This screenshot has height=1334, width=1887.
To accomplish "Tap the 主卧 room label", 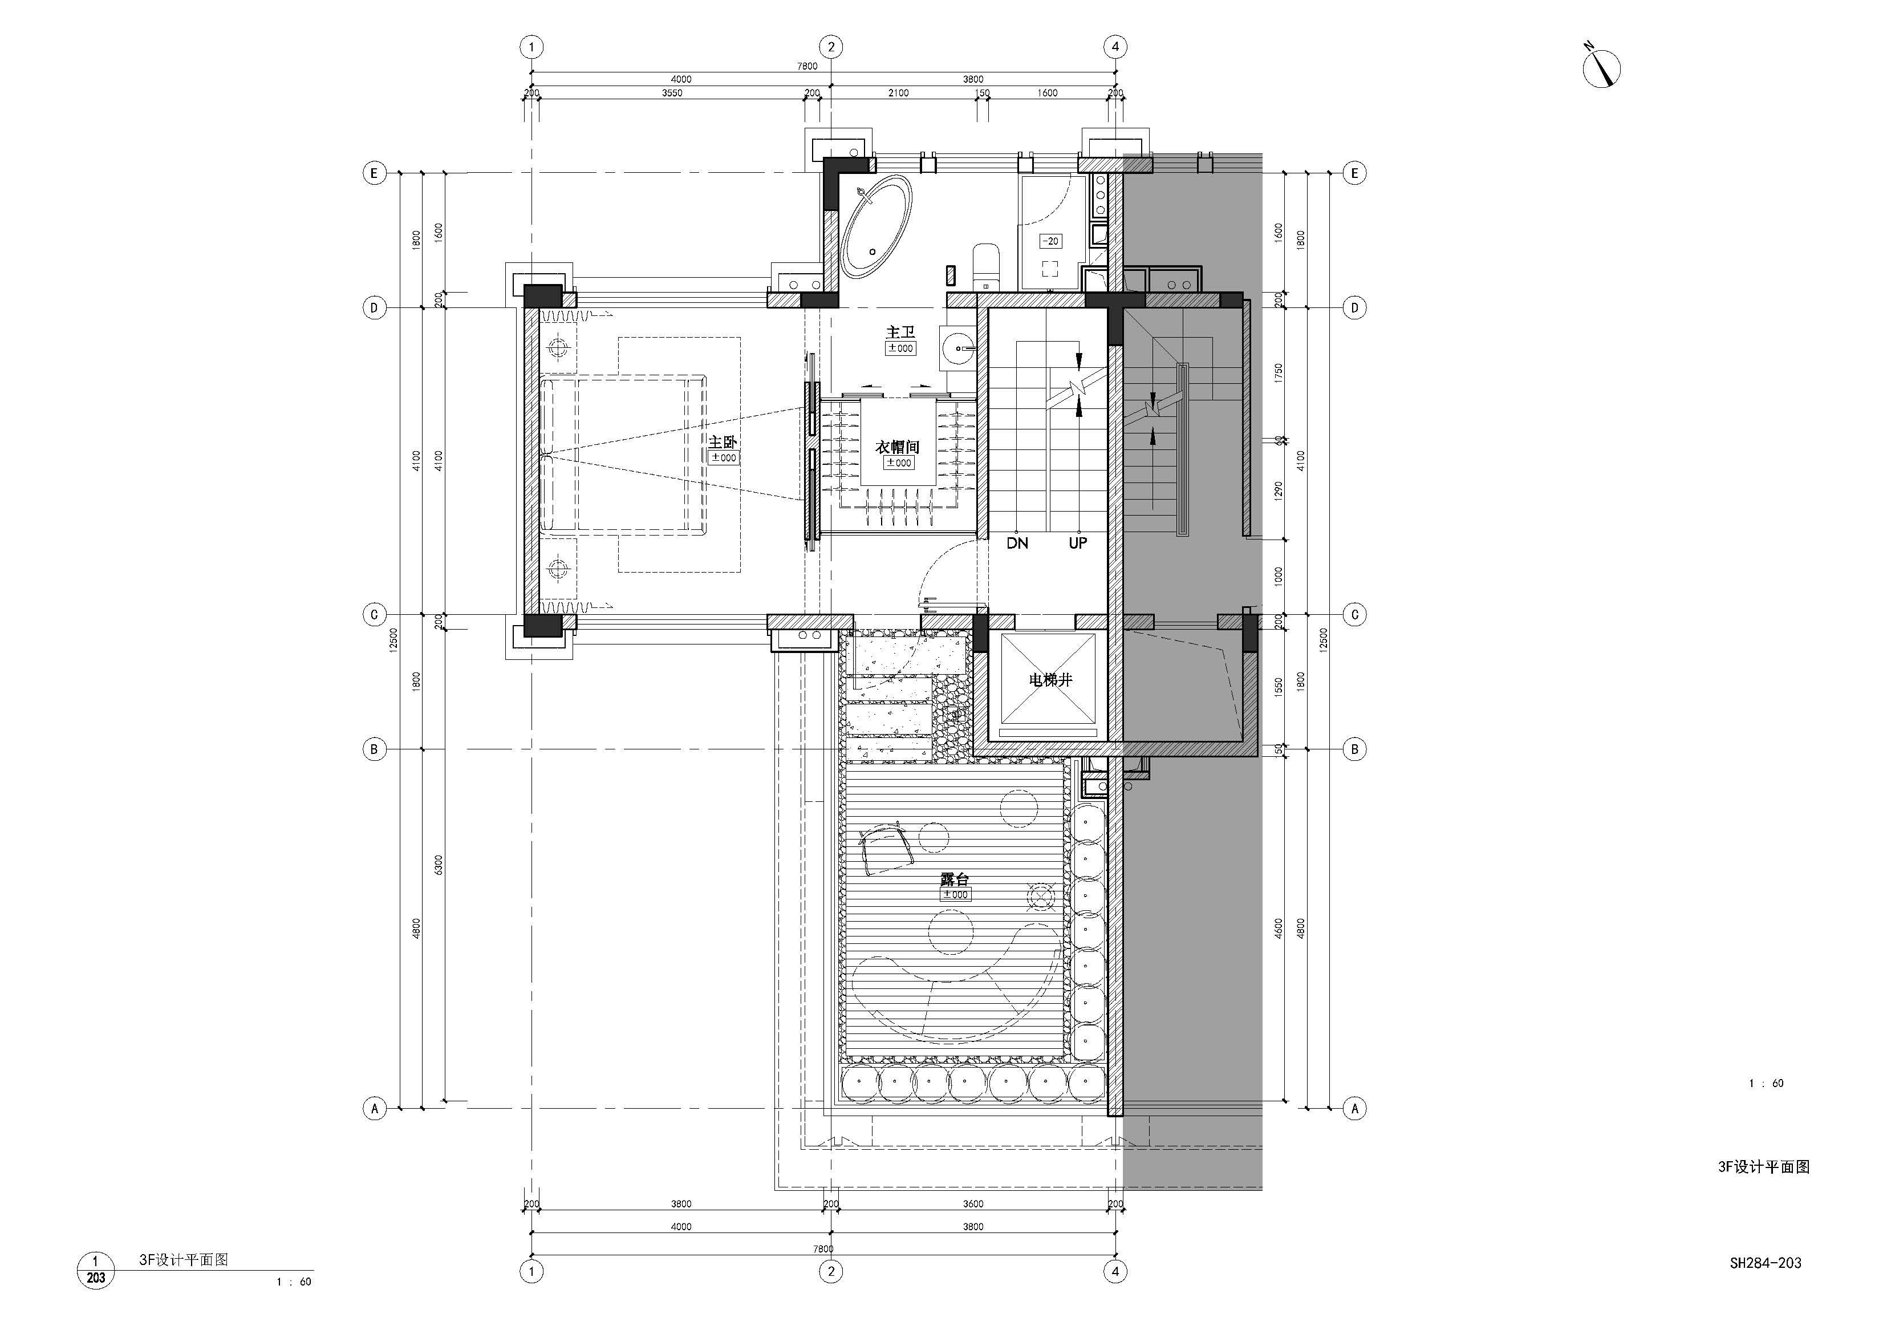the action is (x=723, y=442).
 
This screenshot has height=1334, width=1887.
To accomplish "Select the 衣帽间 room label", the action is (x=896, y=447).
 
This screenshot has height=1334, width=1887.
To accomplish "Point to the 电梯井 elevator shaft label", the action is (x=1050, y=680).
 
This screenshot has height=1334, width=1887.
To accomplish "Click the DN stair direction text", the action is (x=1017, y=544).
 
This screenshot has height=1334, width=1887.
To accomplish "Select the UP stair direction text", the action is (x=1077, y=544).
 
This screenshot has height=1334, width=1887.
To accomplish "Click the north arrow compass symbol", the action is (x=1600, y=66).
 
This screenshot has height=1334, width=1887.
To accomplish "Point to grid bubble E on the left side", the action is (x=375, y=173).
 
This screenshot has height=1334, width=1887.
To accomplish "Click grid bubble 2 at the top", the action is (x=831, y=47).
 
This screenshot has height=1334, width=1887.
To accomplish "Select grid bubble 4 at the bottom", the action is (x=1115, y=1271).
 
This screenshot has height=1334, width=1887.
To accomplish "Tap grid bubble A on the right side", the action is (x=1354, y=1109).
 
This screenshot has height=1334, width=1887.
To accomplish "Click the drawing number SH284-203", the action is (x=1766, y=1263).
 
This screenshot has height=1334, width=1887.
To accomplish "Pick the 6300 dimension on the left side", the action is (x=439, y=865).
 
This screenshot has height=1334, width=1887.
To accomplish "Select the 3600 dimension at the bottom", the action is (x=973, y=1204).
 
